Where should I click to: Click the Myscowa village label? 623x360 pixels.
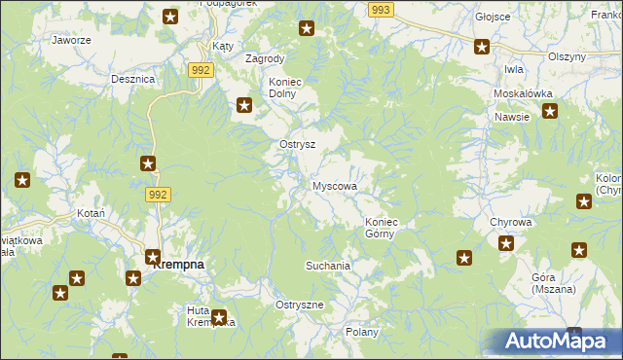pyautogui.click(x=335, y=186)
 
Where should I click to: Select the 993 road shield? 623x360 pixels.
pyautogui.click(x=381, y=9)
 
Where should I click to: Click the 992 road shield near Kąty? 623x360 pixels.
pyautogui.click(x=202, y=70)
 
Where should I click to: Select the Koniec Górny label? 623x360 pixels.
pyautogui.click(x=382, y=228)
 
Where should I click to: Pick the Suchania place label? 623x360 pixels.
pyautogui.click(x=327, y=265)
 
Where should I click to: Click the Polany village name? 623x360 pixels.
pyautogui.click(x=361, y=332)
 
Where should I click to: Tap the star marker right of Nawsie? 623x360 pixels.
pyautogui.click(x=550, y=111)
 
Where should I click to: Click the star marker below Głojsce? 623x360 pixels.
pyautogui.click(x=481, y=46)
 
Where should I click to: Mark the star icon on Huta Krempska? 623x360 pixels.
pyautogui.click(x=220, y=317)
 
